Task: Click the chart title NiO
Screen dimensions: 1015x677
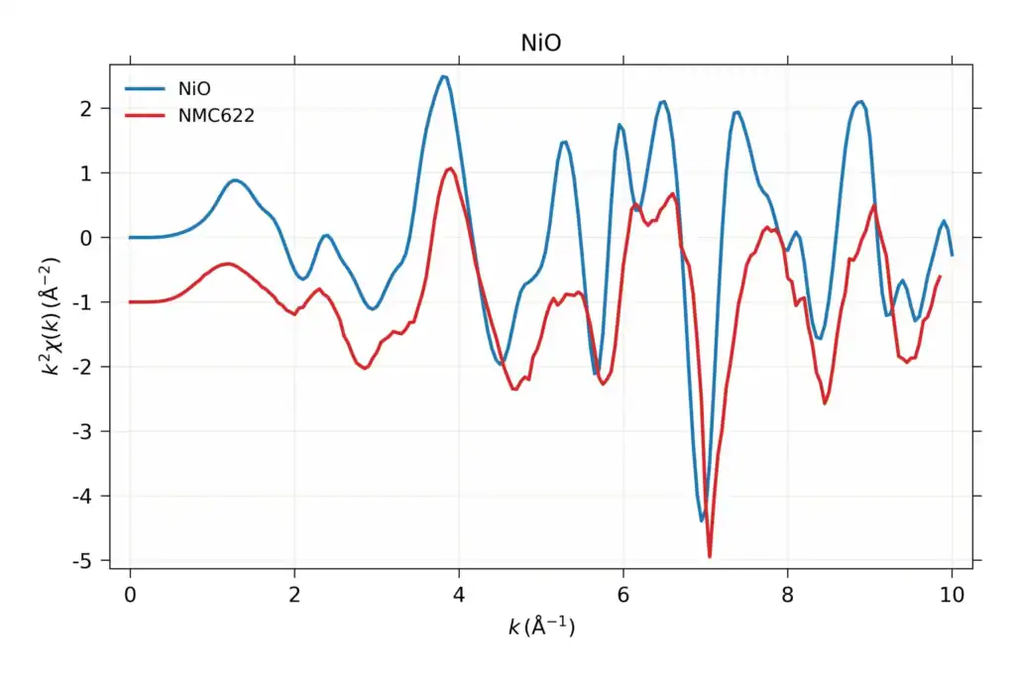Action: [540, 43]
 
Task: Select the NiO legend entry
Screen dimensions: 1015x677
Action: [168, 88]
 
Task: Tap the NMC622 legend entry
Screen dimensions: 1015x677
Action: [189, 116]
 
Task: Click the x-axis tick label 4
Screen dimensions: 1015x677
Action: [459, 594]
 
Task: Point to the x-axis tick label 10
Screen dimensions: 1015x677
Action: [952, 594]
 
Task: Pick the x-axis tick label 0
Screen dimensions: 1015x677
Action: [130, 594]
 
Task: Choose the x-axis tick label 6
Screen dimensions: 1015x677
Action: [623, 594]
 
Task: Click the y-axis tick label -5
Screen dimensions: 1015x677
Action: [82, 561]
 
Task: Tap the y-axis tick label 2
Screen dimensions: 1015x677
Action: [86, 109]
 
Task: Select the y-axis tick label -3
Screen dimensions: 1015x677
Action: [82, 432]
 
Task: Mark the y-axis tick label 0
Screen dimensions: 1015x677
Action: [86, 238]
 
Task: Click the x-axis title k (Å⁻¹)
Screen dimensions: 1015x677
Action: [541, 626]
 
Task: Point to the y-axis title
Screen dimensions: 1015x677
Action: [51, 316]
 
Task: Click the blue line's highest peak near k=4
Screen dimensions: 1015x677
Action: [443, 76]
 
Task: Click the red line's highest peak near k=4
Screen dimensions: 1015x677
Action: [450, 169]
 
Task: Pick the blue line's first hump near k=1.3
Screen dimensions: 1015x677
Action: [235, 180]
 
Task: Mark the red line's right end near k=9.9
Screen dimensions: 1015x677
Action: [940, 277]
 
